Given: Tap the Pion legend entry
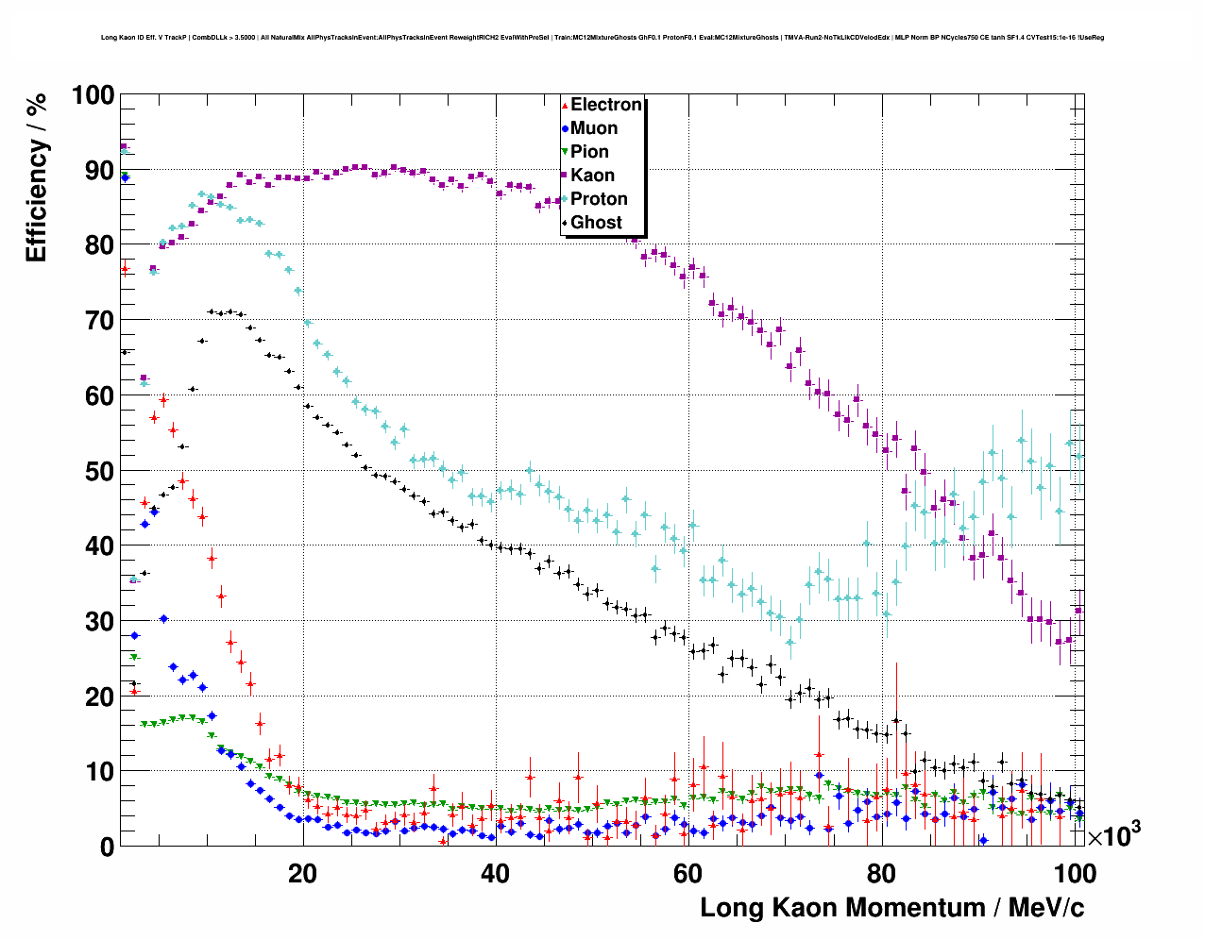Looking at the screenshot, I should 589,152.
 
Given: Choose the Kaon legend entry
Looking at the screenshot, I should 592,176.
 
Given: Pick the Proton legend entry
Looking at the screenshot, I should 599,199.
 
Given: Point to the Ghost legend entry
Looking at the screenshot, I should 596,223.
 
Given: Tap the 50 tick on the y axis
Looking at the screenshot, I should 99,471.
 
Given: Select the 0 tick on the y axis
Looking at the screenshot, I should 106,847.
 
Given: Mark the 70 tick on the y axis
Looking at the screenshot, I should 99,321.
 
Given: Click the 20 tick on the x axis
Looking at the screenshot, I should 302,873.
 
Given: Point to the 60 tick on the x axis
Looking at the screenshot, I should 688,873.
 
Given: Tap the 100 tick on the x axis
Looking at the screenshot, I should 1075,873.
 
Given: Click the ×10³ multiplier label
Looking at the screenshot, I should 1113,835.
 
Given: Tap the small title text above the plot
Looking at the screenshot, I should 602,38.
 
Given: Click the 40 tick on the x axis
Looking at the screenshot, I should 495,873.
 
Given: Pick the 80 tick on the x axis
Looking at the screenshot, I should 881,873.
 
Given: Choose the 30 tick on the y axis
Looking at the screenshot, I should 99,621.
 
